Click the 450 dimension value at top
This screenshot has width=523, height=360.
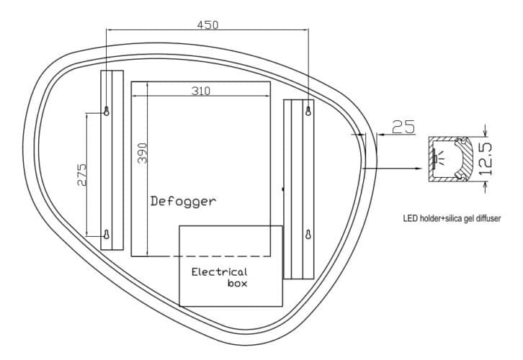(x=207, y=24)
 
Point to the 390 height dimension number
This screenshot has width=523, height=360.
(x=143, y=153)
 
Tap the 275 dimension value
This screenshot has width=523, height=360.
(x=82, y=175)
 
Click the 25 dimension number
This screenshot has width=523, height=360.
(x=404, y=127)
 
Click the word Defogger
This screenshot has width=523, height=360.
(x=182, y=201)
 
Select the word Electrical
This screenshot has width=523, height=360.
(x=219, y=271)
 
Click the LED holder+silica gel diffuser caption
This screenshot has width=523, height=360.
(x=452, y=217)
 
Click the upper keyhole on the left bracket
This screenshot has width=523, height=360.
(x=107, y=111)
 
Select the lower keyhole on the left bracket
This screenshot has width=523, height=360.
(x=107, y=234)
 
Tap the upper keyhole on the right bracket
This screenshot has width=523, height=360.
(x=309, y=111)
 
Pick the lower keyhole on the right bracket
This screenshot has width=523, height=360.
(x=309, y=235)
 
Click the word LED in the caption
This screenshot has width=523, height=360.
(x=410, y=217)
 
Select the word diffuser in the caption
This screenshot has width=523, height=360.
(x=486, y=217)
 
